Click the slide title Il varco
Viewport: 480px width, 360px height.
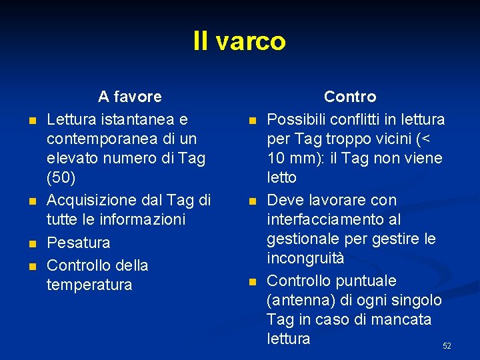(x=239, y=41)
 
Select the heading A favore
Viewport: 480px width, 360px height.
(x=129, y=97)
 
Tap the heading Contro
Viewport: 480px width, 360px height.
(x=350, y=97)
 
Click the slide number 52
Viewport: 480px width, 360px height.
(x=447, y=346)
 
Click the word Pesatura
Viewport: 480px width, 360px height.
(x=78, y=242)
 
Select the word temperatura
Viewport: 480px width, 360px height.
(x=89, y=285)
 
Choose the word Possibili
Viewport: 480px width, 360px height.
(x=297, y=119)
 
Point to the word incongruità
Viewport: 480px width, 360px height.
(x=306, y=258)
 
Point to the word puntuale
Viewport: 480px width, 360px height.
(x=368, y=281)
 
